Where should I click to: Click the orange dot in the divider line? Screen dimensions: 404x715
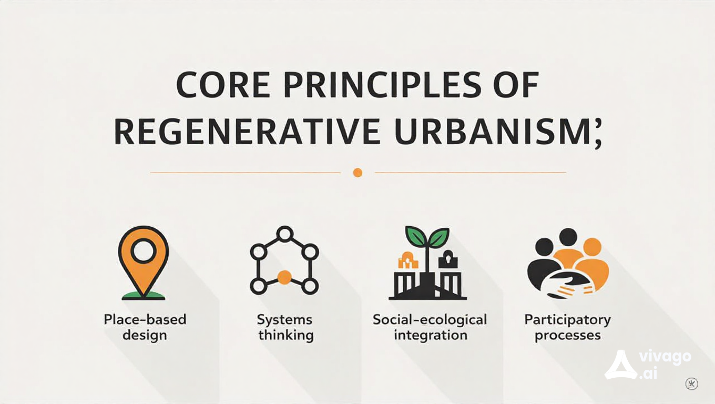357,172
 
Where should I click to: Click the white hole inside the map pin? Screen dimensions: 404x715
143,251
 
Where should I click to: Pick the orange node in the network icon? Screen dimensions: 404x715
284,277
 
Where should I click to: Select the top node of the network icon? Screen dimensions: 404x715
284,233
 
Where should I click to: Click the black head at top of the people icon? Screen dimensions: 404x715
568,237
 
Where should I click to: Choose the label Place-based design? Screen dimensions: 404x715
145,327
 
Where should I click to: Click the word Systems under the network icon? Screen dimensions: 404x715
284,319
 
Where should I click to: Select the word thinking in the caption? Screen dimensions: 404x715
285,335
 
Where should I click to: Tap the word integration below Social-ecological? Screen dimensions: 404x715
430,335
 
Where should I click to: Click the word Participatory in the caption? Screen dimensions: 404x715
567,319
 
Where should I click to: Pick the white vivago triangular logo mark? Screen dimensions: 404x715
620,365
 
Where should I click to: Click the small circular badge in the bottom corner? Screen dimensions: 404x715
692,383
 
